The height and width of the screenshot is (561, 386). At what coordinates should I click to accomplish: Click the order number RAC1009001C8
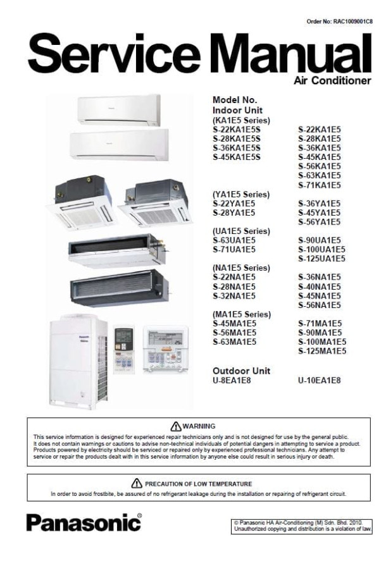click(353, 22)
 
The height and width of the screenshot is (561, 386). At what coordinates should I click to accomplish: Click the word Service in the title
click(114, 54)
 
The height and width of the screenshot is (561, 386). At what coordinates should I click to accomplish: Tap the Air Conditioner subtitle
click(332, 80)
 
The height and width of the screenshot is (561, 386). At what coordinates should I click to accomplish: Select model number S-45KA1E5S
click(236, 157)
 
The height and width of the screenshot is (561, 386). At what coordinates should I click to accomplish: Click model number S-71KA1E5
click(320, 185)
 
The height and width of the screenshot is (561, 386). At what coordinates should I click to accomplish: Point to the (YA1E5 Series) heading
click(241, 194)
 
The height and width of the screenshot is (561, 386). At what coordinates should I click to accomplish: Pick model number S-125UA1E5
click(321, 258)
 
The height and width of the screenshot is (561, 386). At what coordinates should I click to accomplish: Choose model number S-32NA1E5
click(234, 296)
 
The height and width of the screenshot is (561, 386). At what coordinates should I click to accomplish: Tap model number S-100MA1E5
click(322, 342)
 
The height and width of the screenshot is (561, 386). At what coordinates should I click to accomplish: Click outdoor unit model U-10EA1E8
click(320, 380)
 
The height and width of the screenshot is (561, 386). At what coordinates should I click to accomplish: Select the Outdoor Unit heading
click(241, 371)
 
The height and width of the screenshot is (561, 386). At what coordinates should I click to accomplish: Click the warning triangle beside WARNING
click(176, 426)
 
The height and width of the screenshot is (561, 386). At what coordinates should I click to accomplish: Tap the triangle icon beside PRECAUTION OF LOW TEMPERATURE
click(137, 483)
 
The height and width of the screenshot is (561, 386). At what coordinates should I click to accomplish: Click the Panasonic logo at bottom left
click(84, 522)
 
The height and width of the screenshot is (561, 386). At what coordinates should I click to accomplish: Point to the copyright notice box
click(301, 526)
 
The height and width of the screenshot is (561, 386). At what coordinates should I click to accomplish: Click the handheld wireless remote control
click(123, 349)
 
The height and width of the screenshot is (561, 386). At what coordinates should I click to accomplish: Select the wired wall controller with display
click(165, 349)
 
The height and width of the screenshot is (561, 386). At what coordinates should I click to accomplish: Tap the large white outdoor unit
click(78, 361)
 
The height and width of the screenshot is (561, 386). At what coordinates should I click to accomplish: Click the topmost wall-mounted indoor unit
click(119, 109)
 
